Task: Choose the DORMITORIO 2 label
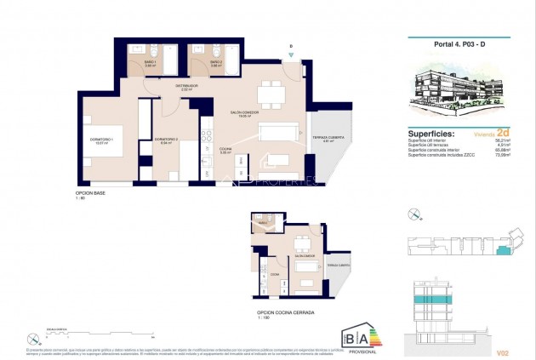coord(165,140)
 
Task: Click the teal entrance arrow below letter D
coord(291,55)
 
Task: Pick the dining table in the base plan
coord(270,89)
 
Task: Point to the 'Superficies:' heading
coord(431,134)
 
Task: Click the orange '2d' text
coord(503,134)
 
